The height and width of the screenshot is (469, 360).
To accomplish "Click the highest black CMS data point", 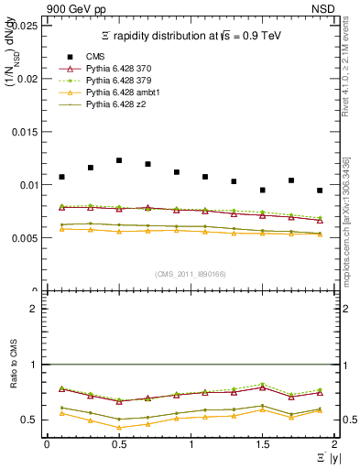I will (119, 160).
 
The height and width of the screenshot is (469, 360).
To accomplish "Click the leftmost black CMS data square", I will (61, 177).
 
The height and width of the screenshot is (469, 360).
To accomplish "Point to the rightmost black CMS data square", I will (320, 191).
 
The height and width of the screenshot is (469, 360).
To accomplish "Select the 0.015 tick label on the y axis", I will (26, 132).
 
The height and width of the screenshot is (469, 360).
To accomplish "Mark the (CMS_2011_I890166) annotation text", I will (190, 275).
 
